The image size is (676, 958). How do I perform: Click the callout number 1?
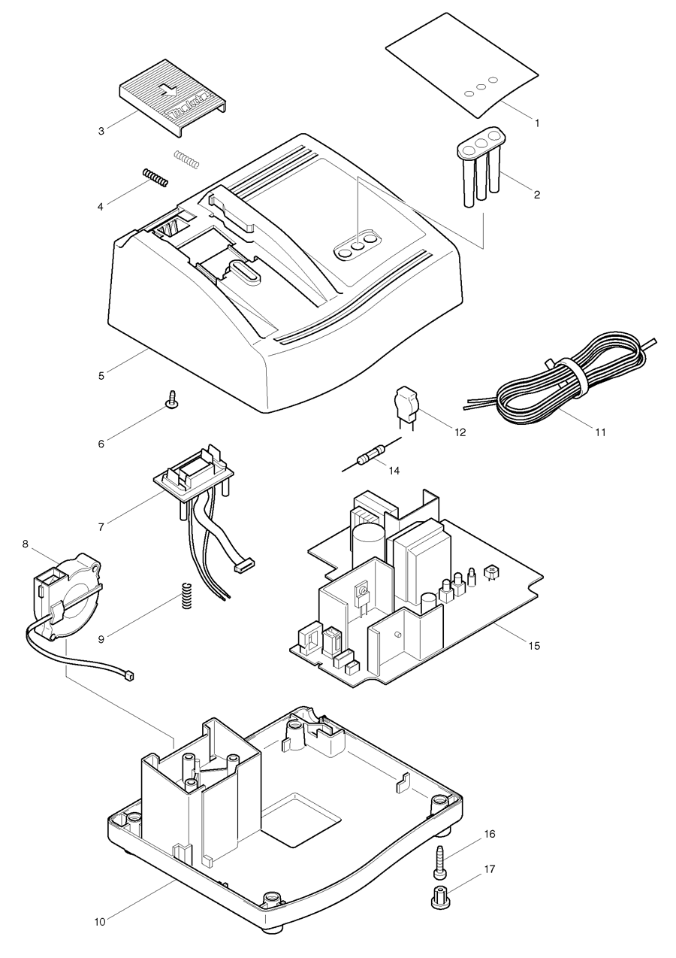point(536,120)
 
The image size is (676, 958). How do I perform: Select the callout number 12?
point(460,432)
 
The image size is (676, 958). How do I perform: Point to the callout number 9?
point(101,638)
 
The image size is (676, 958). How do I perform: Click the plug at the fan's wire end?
point(128,676)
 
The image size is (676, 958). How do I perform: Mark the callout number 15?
point(534,645)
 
